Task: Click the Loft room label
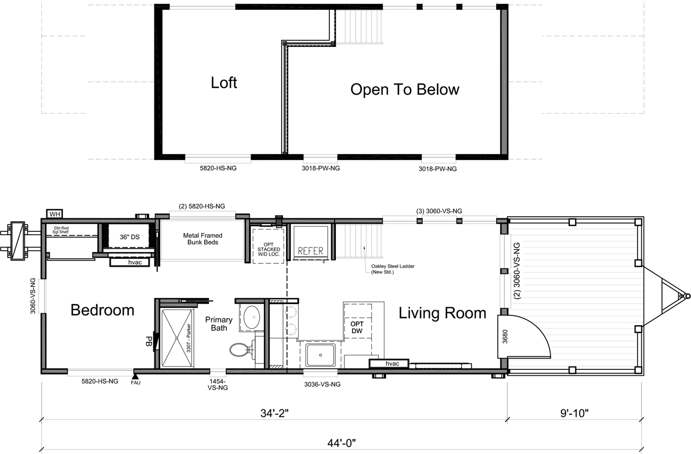pos(223,82)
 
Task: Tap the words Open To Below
pos(405,90)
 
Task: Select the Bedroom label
pos(103,310)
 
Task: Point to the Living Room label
pos(442,313)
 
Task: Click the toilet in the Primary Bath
pos(242,350)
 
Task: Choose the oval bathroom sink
pos(252,317)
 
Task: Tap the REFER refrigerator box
pos(310,243)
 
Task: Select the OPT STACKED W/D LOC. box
pos(268,245)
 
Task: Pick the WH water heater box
pos(55,214)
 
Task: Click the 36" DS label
pos(130,237)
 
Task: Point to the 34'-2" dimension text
pos(274,414)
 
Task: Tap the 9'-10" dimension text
pos(574,414)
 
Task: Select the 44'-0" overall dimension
pos(342,443)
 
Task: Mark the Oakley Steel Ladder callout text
pos(392,269)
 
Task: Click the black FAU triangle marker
pos(135,376)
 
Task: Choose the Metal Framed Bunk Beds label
pos(202,239)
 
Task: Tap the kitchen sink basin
pos(321,355)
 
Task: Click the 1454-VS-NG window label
pos(218,384)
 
